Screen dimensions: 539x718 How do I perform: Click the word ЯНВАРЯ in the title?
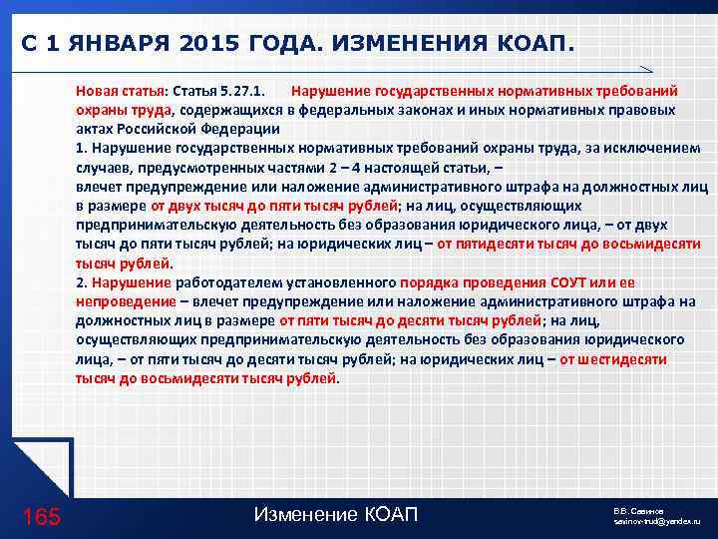(107, 44)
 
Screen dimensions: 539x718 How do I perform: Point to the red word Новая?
(97, 91)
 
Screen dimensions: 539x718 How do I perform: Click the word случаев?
(102, 167)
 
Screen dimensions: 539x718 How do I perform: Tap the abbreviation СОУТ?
(571, 282)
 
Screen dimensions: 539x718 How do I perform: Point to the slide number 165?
(41, 516)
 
